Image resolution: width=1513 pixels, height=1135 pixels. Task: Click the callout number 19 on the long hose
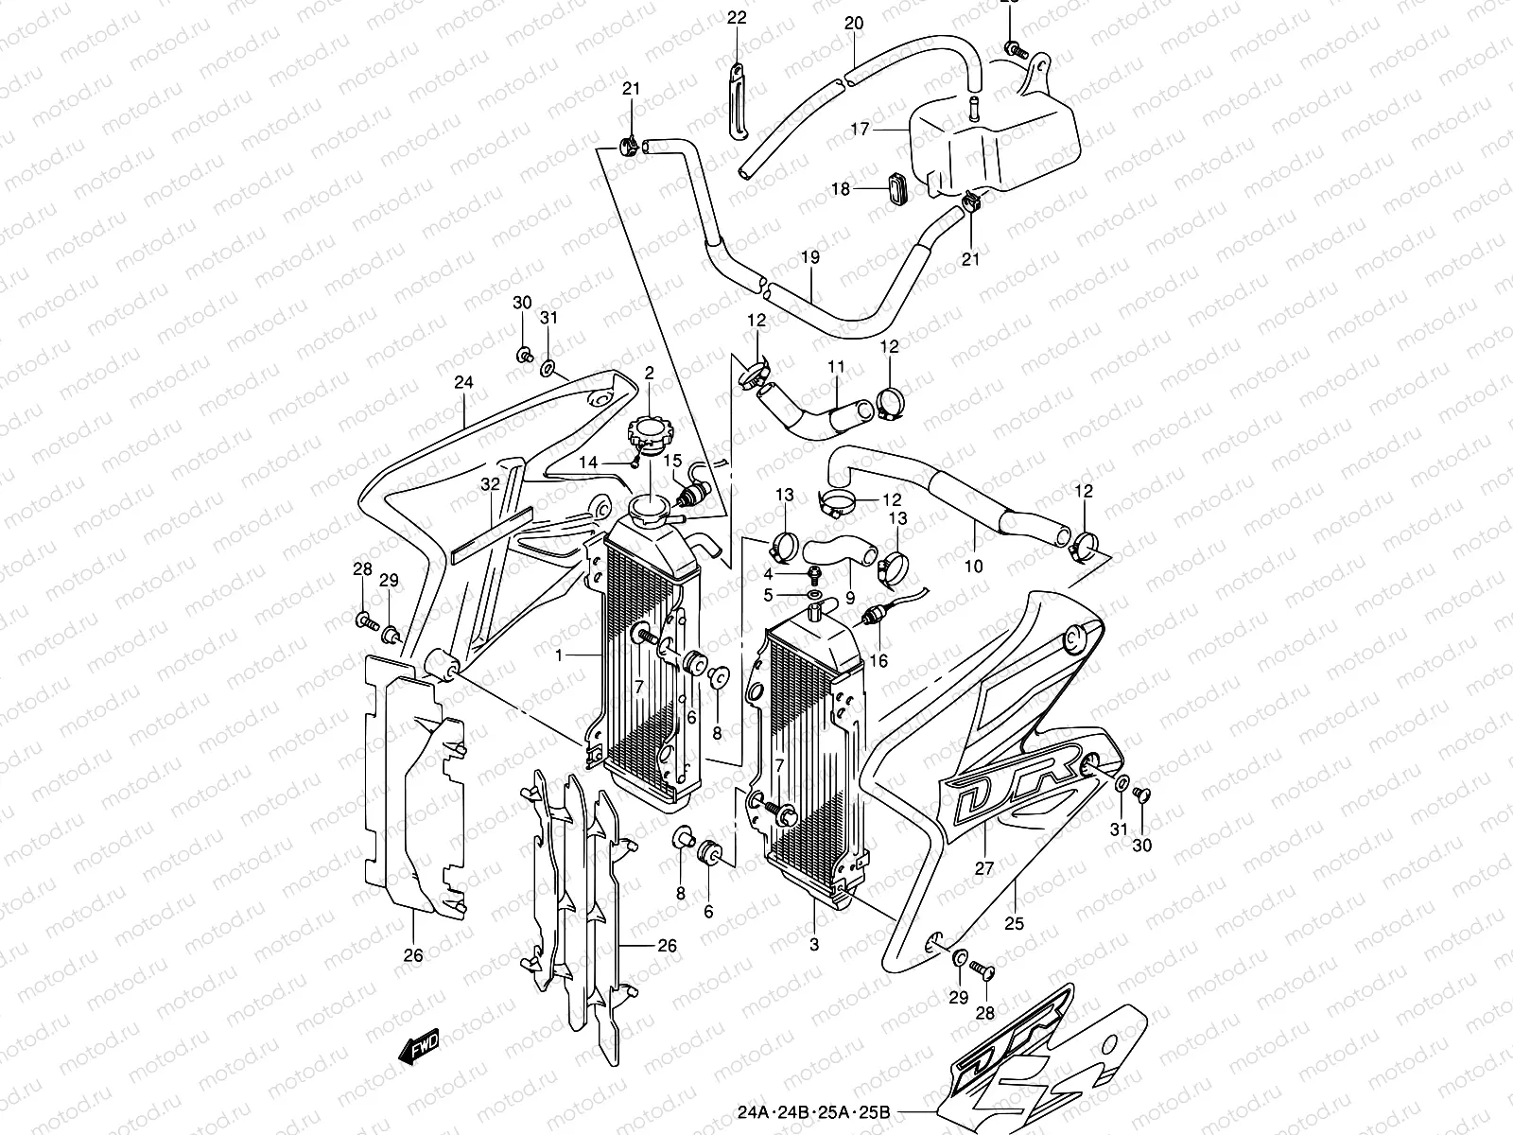point(809,257)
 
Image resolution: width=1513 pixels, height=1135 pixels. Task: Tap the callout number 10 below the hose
point(973,566)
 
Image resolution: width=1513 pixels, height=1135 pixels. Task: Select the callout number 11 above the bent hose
point(835,365)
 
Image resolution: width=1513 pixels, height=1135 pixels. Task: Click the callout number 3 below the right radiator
point(814,943)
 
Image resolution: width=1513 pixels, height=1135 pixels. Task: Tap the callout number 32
point(489,484)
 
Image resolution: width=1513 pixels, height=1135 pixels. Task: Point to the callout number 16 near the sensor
point(878,661)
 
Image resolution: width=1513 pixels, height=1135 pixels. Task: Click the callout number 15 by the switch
point(672,461)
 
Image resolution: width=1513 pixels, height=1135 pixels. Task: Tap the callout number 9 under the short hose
point(850,597)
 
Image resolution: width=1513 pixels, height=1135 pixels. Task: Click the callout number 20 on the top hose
point(853,23)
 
